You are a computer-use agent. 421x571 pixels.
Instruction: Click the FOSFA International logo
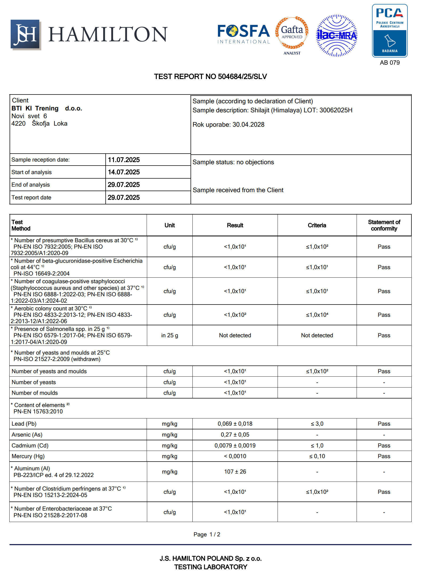pos(243,34)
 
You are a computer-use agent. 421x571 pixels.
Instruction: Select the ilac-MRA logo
pos(337,35)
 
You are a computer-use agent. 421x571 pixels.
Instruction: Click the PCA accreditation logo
pos(390,31)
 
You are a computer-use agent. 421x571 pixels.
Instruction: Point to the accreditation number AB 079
pos(390,63)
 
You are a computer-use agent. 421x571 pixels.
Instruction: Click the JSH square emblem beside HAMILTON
pos(26,34)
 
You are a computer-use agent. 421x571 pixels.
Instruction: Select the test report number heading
pos(210,77)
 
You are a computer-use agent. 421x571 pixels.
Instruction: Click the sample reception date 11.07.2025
pos(124,160)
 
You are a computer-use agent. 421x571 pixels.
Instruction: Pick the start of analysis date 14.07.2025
pos(124,172)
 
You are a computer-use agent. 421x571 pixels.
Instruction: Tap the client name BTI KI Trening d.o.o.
pos(47,108)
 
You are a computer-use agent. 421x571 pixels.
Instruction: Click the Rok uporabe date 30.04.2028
pos(248,125)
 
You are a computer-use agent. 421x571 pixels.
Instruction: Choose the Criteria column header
pos(317,225)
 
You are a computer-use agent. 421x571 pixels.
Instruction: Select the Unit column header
pos(170,225)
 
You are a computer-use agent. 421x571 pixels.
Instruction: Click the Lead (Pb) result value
pos(235,424)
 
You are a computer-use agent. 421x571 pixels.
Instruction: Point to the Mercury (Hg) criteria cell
pos(317,456)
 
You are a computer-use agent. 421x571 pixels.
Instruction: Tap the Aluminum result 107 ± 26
pos(235,472)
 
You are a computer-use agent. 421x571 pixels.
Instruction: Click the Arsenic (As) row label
pos(27,435)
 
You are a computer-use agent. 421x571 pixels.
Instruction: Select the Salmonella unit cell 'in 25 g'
pos(170,335)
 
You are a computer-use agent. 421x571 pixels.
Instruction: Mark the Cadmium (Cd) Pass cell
pos(384,446)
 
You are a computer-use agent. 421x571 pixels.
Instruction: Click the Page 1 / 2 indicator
pos(207,535)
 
